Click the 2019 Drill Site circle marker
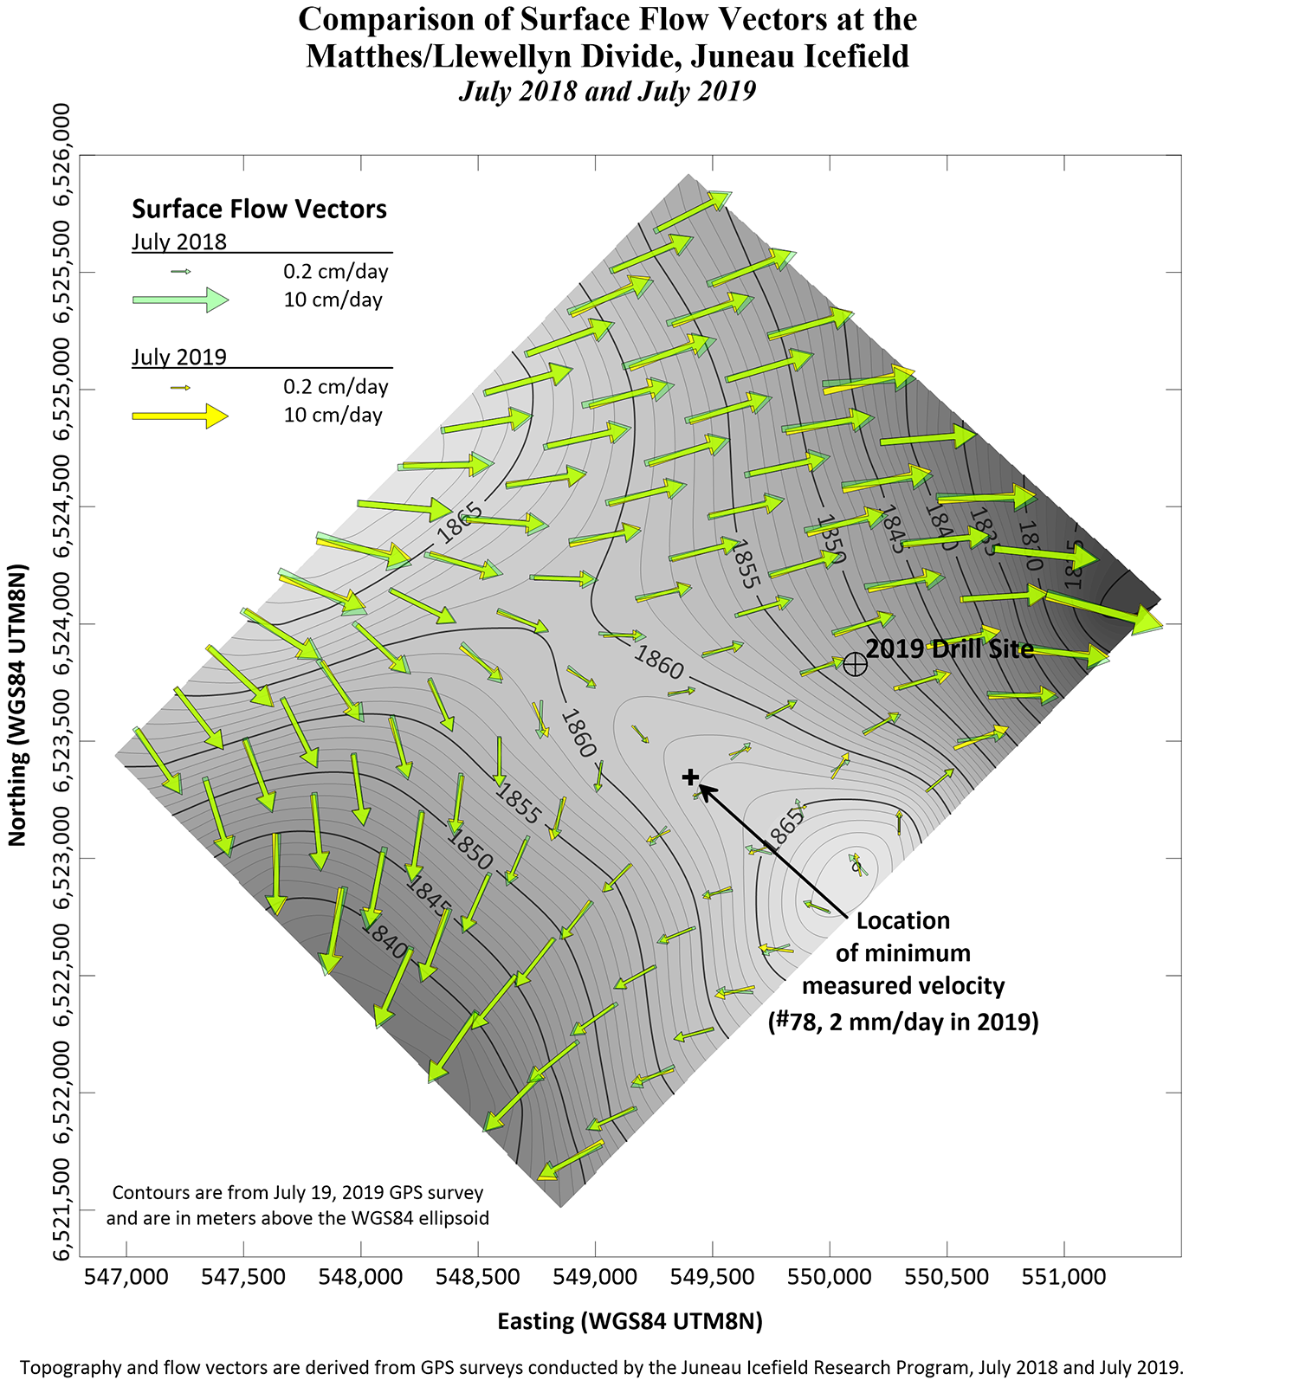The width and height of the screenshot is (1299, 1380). (855, 664)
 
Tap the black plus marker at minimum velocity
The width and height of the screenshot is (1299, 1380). (690, 777)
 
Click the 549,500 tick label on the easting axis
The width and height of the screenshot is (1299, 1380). (713, 1277)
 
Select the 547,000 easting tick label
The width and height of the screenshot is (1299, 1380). (127, 1277)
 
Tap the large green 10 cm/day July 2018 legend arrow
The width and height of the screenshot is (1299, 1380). (180, 300)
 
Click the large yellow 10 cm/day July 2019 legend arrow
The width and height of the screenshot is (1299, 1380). (180, 416)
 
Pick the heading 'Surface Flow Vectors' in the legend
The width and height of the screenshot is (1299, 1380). (259, 209)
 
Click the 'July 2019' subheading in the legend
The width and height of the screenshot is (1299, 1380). (179, 357)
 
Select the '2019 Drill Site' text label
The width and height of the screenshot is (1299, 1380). (950, 649)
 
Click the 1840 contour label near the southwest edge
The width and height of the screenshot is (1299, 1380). (385, 940)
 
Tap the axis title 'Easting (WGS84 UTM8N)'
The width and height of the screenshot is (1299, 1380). (630, 1321)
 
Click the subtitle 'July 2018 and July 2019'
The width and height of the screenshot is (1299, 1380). (607, 91)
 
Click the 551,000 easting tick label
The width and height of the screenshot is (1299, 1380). (1064, 1277)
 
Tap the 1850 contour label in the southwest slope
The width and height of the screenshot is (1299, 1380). (470, 850)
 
